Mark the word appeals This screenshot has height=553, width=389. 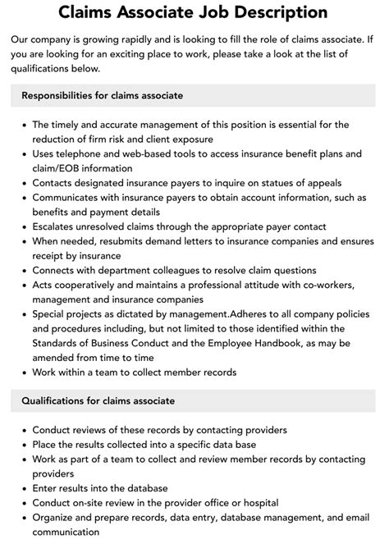pyautogui.click(x=322, y=182)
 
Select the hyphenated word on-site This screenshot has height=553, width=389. pyautogui.click(x=97, y=503)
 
